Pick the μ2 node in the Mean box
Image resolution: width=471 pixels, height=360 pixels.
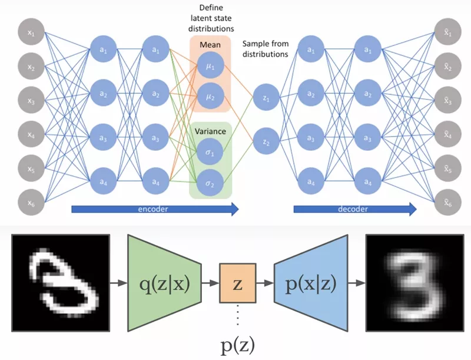[211, 93]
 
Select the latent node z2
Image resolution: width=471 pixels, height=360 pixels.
[266, 142]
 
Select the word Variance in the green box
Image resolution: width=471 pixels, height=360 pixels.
[211, 132]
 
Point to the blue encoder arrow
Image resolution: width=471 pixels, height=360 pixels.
[154, 208]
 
